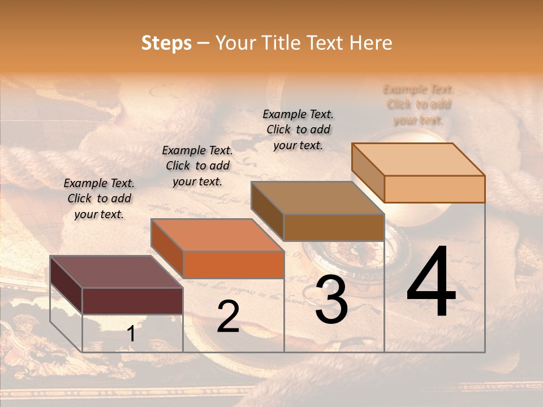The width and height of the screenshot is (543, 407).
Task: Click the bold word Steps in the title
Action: (166, 43)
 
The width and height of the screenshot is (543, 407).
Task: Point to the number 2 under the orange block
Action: (228, 317)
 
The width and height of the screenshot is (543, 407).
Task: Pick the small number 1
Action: (131, 334)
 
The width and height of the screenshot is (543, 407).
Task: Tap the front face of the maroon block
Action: (132, 301)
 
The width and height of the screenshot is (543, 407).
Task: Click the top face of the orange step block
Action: (217, 235)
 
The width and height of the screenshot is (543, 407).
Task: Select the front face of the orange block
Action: (234, 265)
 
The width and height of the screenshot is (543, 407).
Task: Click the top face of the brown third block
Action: (317, 197)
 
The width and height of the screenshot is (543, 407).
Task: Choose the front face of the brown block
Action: (334, 227)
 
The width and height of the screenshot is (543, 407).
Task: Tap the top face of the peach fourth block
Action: (418, 159)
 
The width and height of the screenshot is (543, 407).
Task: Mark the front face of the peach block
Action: (434, 189)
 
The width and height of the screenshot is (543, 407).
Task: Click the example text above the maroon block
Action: (99, 198)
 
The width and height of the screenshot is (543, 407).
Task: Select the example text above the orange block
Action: (197, 166)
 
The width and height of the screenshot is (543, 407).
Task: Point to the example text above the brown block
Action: (298, 129)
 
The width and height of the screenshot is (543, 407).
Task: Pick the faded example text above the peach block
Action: (419, 105)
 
